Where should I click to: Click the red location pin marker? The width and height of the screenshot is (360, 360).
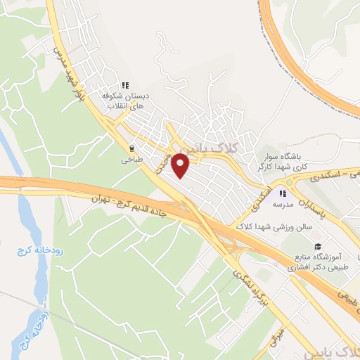coord(181,165)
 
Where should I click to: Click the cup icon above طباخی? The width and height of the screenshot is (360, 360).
coord(131,148)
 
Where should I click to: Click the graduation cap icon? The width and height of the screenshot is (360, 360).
coord(319,247)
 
